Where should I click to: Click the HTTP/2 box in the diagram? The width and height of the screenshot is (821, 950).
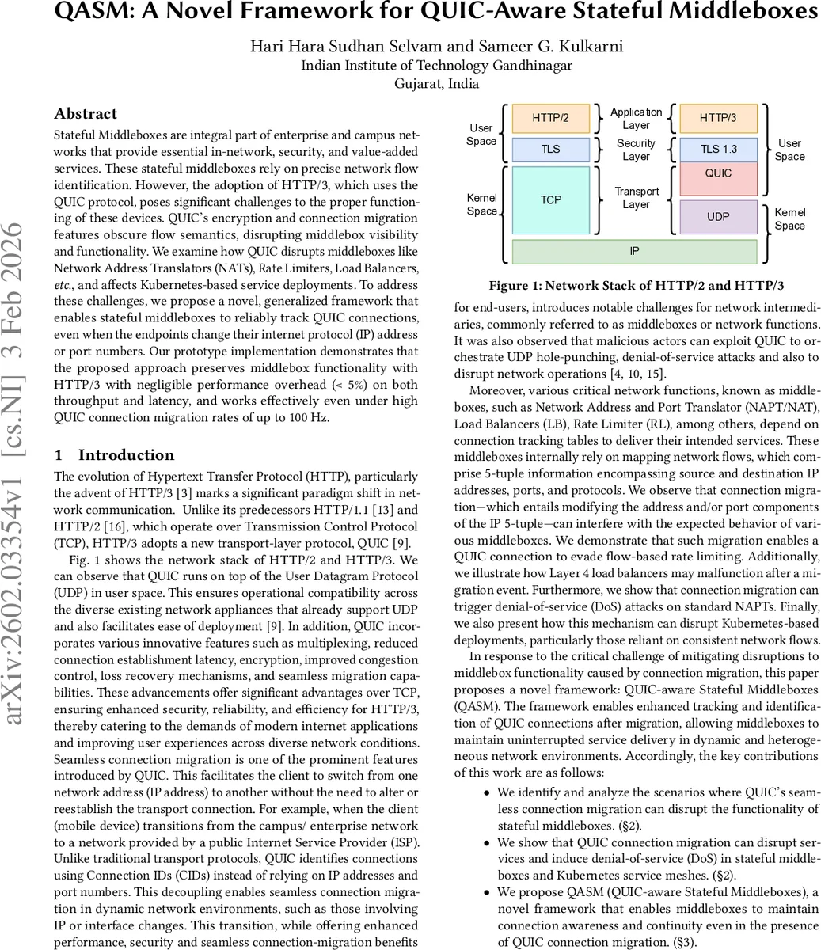tap(550, 119)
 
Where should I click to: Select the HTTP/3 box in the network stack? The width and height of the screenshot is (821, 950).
tap(718, 119)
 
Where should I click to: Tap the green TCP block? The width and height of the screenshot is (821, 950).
tap(550, 200)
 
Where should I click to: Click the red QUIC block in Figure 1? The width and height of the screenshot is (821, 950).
tap(718, 174)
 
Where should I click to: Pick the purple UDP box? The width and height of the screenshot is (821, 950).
tap(718, 216)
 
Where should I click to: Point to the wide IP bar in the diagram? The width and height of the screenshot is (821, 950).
tap(634, 251)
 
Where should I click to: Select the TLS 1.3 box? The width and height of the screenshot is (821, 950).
tap(718, 150)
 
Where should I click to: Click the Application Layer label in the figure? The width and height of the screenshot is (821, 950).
tap(636, 119)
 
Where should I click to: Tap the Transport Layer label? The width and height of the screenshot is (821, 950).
tap(636, 198)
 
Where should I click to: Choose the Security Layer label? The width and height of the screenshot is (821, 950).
tap(636, 150)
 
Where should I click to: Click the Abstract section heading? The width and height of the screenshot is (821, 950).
tap(86, 114)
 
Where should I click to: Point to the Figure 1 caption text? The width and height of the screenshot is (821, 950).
tap(636, 286)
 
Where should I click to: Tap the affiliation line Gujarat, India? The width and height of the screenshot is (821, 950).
tap(436, 84)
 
